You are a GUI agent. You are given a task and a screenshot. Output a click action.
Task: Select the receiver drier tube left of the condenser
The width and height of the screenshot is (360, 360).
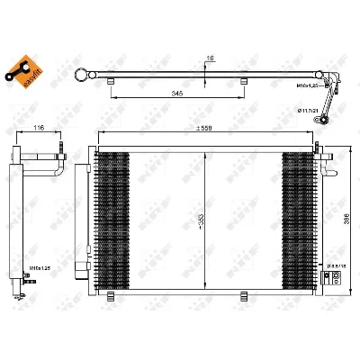85,216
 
